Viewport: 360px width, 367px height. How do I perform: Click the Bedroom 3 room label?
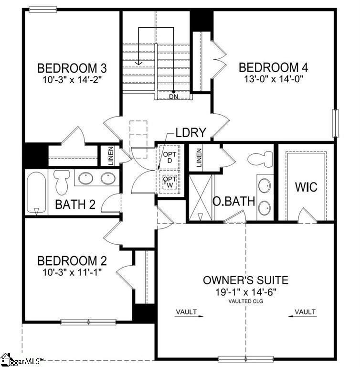pos(72,68)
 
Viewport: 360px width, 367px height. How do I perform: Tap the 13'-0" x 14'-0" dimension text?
pos(274,79)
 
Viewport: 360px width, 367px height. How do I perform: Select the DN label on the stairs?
pos(174,96)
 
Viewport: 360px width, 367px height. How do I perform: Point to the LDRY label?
pos(191,132)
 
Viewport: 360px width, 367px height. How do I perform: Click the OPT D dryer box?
pos(169,157)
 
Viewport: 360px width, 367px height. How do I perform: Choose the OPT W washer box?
pos(169,182)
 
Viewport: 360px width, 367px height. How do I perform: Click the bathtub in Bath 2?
pos(36,193)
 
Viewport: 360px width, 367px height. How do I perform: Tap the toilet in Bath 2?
pos(62,182)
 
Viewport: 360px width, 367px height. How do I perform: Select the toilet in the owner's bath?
pos(260,159)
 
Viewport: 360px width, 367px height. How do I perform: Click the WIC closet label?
pos(306,187)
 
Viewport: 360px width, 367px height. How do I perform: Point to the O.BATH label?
pos(233,201)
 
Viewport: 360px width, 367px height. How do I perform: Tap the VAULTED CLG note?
pos(245,301)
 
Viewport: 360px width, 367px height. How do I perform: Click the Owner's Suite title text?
pos(245,280)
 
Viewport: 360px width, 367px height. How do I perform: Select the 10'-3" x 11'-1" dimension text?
pos(72,272)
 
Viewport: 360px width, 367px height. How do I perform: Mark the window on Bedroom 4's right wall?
pos(336,123)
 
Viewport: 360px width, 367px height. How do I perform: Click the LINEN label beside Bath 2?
pos(111,156)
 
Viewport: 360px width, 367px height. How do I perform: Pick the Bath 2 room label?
pos(75,205)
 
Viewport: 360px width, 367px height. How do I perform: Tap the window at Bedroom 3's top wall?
pos(43,10)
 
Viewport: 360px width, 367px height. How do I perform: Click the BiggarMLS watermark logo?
pos(22,361)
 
